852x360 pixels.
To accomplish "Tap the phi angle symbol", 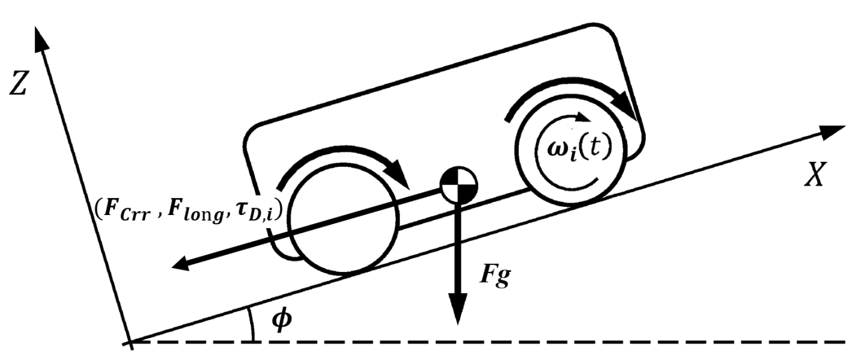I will [283, 321].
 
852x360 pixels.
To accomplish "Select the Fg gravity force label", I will [494, 275].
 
